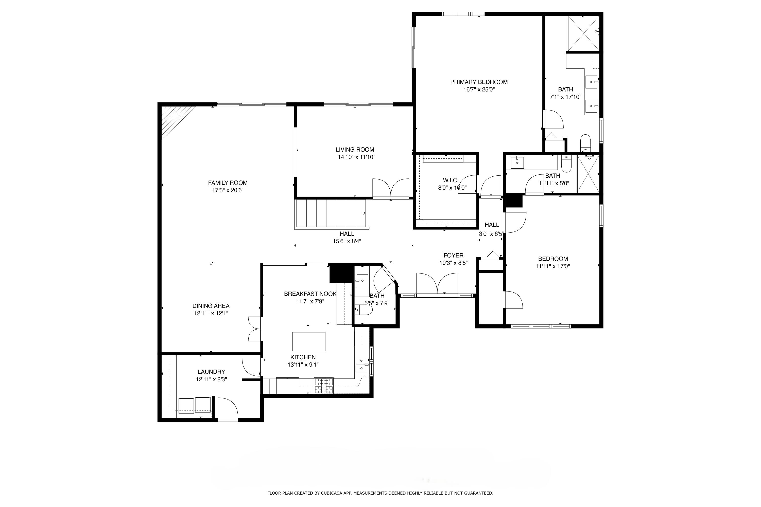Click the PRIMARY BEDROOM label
(479, 82)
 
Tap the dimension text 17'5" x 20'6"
(228, 190)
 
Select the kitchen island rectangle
(309, 341)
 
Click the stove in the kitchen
(324, 386)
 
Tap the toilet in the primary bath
(585, 142)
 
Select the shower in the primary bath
(583, 33)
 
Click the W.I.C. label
(451, 180)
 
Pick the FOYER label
(453, 256)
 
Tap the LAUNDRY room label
(211, 372)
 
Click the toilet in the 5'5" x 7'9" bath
(364, 310)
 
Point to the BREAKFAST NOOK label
(310, 294)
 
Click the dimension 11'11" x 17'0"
(553, 266)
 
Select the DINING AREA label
(211, 306)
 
